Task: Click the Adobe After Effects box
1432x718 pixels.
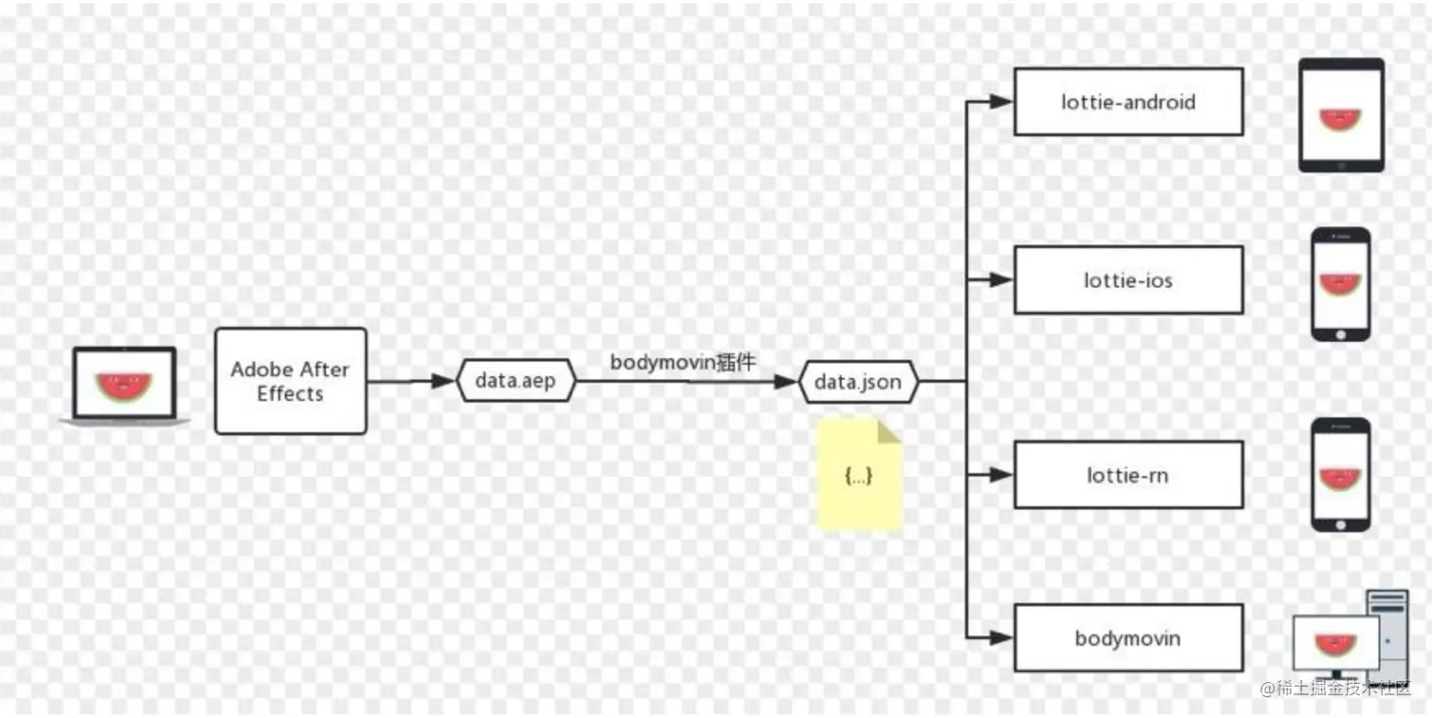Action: click(290, 381)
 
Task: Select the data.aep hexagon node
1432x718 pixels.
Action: click(516, 382)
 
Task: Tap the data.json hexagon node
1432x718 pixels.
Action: click(858, 382)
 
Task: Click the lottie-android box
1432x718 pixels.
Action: click(1128, 101)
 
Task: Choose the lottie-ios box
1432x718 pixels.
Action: click(1128, 280)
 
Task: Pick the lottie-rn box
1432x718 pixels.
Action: click(1128, 475)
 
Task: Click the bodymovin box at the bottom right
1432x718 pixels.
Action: click(1128, 637)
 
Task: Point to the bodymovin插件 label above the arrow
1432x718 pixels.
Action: click(683, 361)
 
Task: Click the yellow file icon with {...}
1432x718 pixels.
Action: click(859, 474)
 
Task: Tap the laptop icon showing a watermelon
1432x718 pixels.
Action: click(124, 386)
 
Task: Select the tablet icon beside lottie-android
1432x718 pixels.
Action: click(1340, 116)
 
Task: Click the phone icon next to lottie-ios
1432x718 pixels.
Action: click(1340, 284)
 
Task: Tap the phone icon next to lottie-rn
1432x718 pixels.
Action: click(1340, 475)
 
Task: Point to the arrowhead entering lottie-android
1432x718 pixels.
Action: click(1001, 101)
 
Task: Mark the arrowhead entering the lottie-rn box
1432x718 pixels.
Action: click(1001, 475)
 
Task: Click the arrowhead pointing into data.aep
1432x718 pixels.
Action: click(443, 382)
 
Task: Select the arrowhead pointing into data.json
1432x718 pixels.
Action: click(785, 382)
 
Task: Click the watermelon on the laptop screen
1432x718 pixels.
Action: click(124, 385)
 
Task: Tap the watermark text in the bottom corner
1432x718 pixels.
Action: click(1335, 689)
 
